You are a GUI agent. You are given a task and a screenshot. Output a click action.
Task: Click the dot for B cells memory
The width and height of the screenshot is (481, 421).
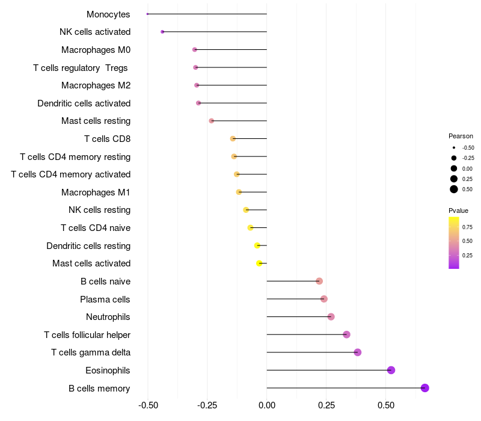(425, 388)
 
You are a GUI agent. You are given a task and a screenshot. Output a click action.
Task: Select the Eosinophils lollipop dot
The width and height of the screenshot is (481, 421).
(391, 370)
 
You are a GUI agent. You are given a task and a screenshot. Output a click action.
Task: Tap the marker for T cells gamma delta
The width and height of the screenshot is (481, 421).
(358, 352)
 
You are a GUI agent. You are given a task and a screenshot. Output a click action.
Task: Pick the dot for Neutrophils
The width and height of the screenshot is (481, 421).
(331, 317)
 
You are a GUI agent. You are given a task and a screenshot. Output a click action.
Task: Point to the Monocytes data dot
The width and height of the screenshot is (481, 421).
(147, 14)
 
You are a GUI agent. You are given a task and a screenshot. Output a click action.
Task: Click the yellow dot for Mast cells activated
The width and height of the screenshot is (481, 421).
(259, 263)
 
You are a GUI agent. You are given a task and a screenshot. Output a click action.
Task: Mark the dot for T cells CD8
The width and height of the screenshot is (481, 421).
(233, 139)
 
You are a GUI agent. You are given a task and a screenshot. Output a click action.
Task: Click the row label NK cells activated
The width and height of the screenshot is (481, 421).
(95, 32)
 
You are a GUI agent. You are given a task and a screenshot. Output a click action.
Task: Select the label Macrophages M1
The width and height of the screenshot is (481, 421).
(96, 192)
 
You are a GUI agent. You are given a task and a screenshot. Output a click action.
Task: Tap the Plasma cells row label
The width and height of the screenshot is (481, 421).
(105, 300)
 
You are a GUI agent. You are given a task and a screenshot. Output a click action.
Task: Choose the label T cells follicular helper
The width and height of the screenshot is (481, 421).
(87, 335)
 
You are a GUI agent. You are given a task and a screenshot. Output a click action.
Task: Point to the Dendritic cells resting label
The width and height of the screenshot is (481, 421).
(88, 246)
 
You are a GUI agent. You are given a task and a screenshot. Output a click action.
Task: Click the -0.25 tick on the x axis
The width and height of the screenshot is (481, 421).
(207, 406)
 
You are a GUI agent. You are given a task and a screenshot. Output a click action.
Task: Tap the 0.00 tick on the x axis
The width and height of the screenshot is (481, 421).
(267, 406)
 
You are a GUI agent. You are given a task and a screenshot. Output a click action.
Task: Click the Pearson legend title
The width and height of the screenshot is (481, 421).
(461, 136)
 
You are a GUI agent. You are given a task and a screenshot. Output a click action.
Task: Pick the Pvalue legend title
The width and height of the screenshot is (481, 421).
(458, 210)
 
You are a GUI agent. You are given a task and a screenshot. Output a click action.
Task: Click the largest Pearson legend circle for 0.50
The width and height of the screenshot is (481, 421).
(453, 189)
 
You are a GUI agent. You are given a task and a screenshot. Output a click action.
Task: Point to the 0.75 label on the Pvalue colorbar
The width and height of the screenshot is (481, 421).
(468, 227)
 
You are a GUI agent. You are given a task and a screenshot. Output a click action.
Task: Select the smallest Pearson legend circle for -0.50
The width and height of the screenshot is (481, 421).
(453, 147)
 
